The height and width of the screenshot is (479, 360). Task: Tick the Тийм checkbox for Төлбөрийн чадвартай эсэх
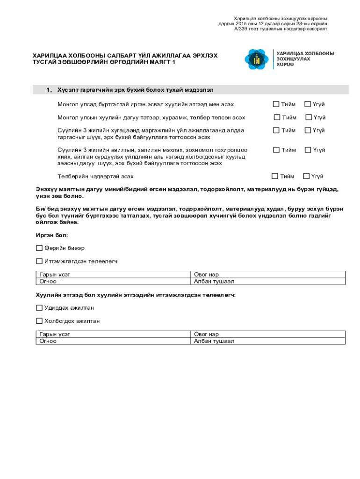[275, 176]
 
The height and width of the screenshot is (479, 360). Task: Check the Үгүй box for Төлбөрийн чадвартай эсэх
[307, 176]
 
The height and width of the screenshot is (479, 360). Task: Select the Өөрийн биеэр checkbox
[39, 248]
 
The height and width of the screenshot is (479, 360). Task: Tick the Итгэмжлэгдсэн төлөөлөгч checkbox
[39, 261]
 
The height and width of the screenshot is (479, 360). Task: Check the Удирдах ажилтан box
[39, 308]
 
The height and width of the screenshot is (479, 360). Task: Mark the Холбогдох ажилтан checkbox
[39, 321]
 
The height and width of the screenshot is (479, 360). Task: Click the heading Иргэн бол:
[52, 235]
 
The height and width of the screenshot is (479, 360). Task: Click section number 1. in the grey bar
[49, 89]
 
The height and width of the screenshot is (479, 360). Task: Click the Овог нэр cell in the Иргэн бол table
[268, 275]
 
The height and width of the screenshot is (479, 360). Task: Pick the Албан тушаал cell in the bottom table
[268, 341]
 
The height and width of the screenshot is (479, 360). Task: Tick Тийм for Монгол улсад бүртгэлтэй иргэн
[276, 104]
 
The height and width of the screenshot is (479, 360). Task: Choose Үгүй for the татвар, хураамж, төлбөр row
[309, 117]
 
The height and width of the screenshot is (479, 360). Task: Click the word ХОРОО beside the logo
[285, 65]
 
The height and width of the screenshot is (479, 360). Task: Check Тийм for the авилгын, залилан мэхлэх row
[276, 150]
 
